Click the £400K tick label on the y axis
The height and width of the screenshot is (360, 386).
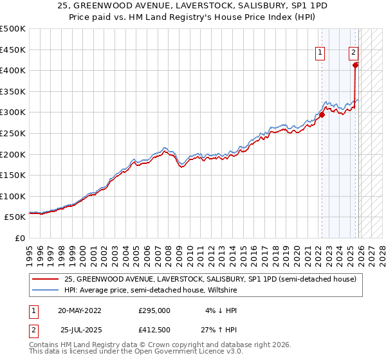pyautogui.click(x=13, y=70)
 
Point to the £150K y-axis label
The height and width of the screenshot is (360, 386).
pyautogui.click(x=13, y=175)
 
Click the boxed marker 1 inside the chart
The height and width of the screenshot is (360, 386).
pyautogui.click(x=320, y=54)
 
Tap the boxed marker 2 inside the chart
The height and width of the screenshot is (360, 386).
pyautogui.click(x=353, y=54)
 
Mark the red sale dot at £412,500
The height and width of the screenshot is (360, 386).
pyautogui.click(x=356, y=64)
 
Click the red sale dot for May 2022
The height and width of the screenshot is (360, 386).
pyautogui.click(x=322, y=114)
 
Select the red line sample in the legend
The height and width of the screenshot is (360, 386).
pyautogui.click(x=46, y=278)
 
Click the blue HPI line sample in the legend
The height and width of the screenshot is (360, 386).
pyautogui.click(x=46, y=290)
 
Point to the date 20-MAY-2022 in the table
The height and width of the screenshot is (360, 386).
pyautogui.click(x=79, y=310)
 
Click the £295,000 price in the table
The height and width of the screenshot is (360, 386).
pyautogui.click(x=154, y=310)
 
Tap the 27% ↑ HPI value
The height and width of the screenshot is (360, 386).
pyautogui.click(x=219, y=330)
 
